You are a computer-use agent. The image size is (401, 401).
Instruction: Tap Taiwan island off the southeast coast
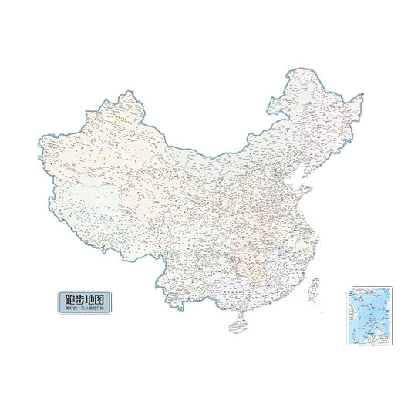314,289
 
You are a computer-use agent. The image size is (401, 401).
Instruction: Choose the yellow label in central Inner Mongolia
269,144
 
